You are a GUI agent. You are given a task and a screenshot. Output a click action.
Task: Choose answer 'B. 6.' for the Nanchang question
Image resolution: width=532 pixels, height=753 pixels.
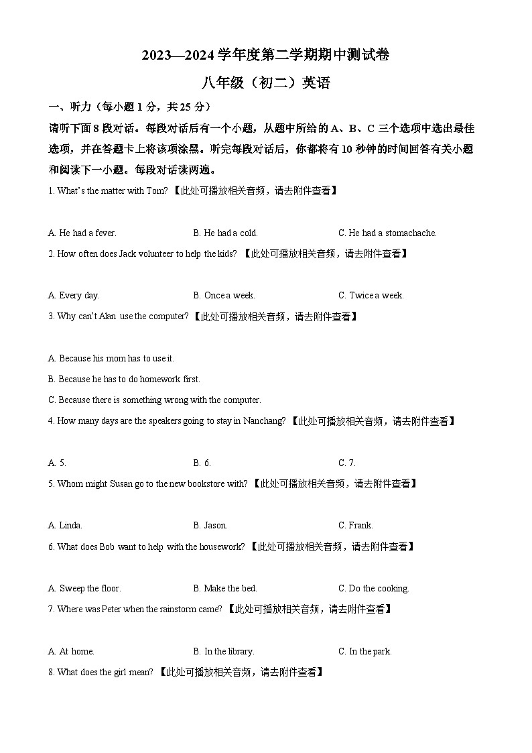coord(202,463)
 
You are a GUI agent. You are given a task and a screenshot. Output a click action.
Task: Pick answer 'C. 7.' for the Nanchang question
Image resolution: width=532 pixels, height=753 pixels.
coord(347,463)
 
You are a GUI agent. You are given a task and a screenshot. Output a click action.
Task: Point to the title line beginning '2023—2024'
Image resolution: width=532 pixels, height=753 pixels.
coord(265,56)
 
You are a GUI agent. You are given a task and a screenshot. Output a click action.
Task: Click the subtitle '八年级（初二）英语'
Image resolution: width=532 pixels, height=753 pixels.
coord(265,83)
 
